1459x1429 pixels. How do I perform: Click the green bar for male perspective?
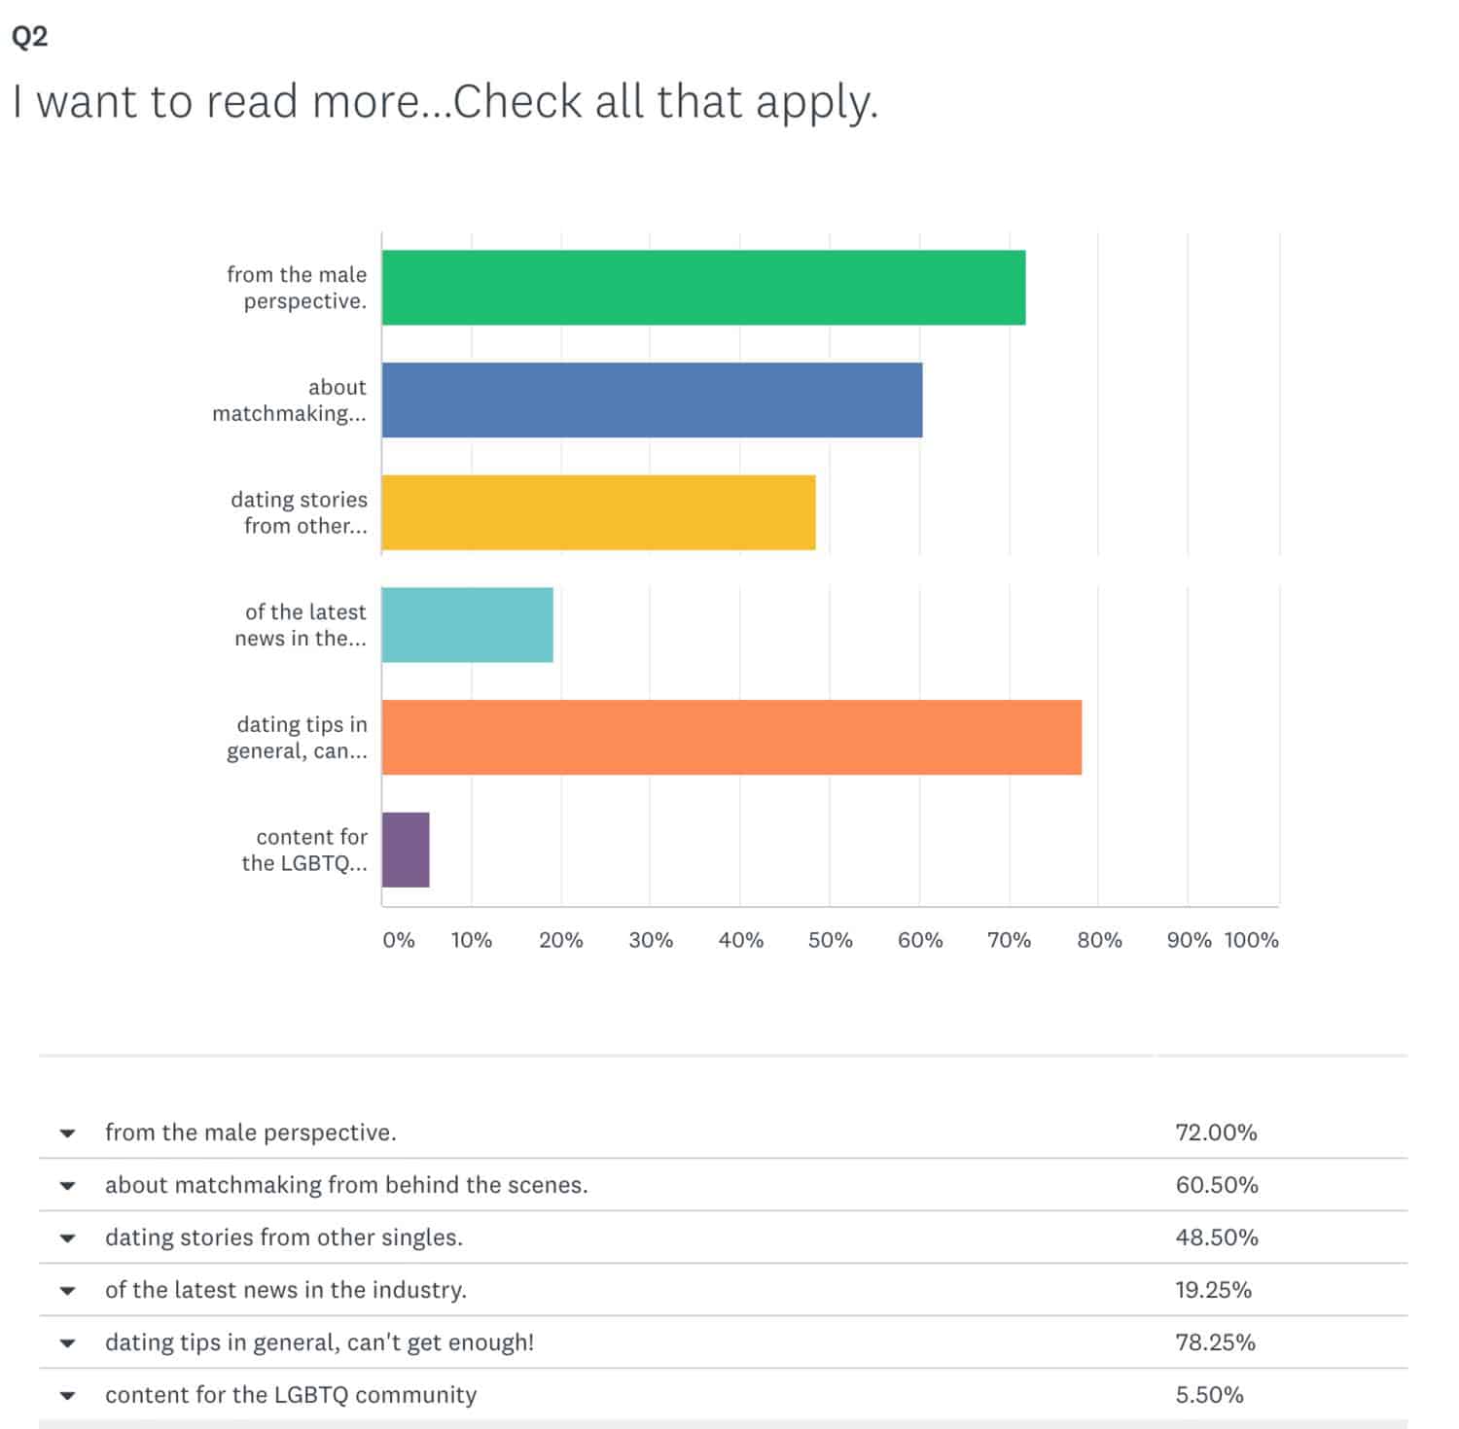point(703,288)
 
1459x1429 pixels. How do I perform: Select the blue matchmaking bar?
point(652,401)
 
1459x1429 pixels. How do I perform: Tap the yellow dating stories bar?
point(598,512)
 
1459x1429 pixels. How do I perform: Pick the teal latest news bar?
point(467,625)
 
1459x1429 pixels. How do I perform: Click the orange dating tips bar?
point(731,737)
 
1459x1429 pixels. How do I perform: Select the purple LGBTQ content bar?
point(406,850)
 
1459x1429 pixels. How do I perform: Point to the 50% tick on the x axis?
point(830,940)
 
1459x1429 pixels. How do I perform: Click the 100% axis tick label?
point(1251,940)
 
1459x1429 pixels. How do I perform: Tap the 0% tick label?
point(399,940)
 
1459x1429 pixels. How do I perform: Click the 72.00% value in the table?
point(1216,1133)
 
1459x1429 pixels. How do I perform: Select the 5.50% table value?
point(1209,1395)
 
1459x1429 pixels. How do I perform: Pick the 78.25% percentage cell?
point(1215,1342)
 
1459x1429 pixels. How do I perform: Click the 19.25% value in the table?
point(1213,1290)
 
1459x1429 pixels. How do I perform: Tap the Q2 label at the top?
point(29,37)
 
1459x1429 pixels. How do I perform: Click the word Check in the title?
point(518,101)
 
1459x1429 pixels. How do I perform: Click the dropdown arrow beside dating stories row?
point(67,1238)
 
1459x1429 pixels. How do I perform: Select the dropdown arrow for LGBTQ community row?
point(67,1396)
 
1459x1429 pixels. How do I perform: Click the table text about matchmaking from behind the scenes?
point(346,1185)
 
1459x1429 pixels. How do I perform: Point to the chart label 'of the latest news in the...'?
point(301,625)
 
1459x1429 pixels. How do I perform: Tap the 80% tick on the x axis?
point(1099,940)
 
